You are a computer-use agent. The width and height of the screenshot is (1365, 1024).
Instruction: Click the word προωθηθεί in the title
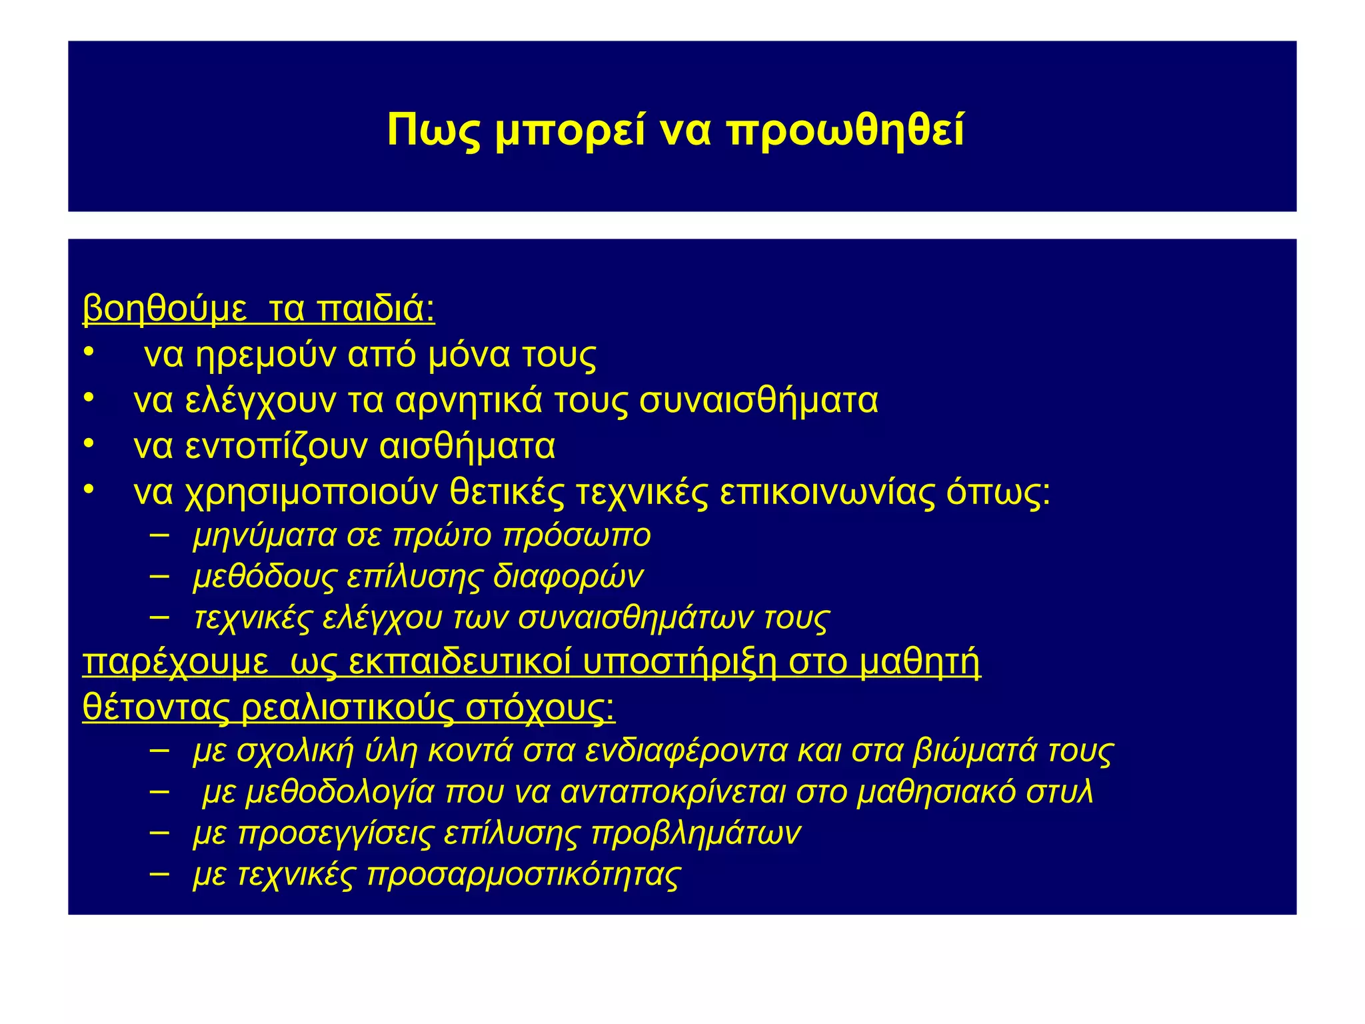tap(845, 131)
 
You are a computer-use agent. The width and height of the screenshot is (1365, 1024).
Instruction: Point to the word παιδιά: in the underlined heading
tap(376, 309)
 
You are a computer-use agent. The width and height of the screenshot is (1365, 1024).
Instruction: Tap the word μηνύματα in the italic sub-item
tap(265, 536)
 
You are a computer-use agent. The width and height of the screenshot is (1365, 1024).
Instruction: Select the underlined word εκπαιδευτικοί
tap(460, 663)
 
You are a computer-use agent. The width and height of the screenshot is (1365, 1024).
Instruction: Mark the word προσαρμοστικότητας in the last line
tap(524, 875)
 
